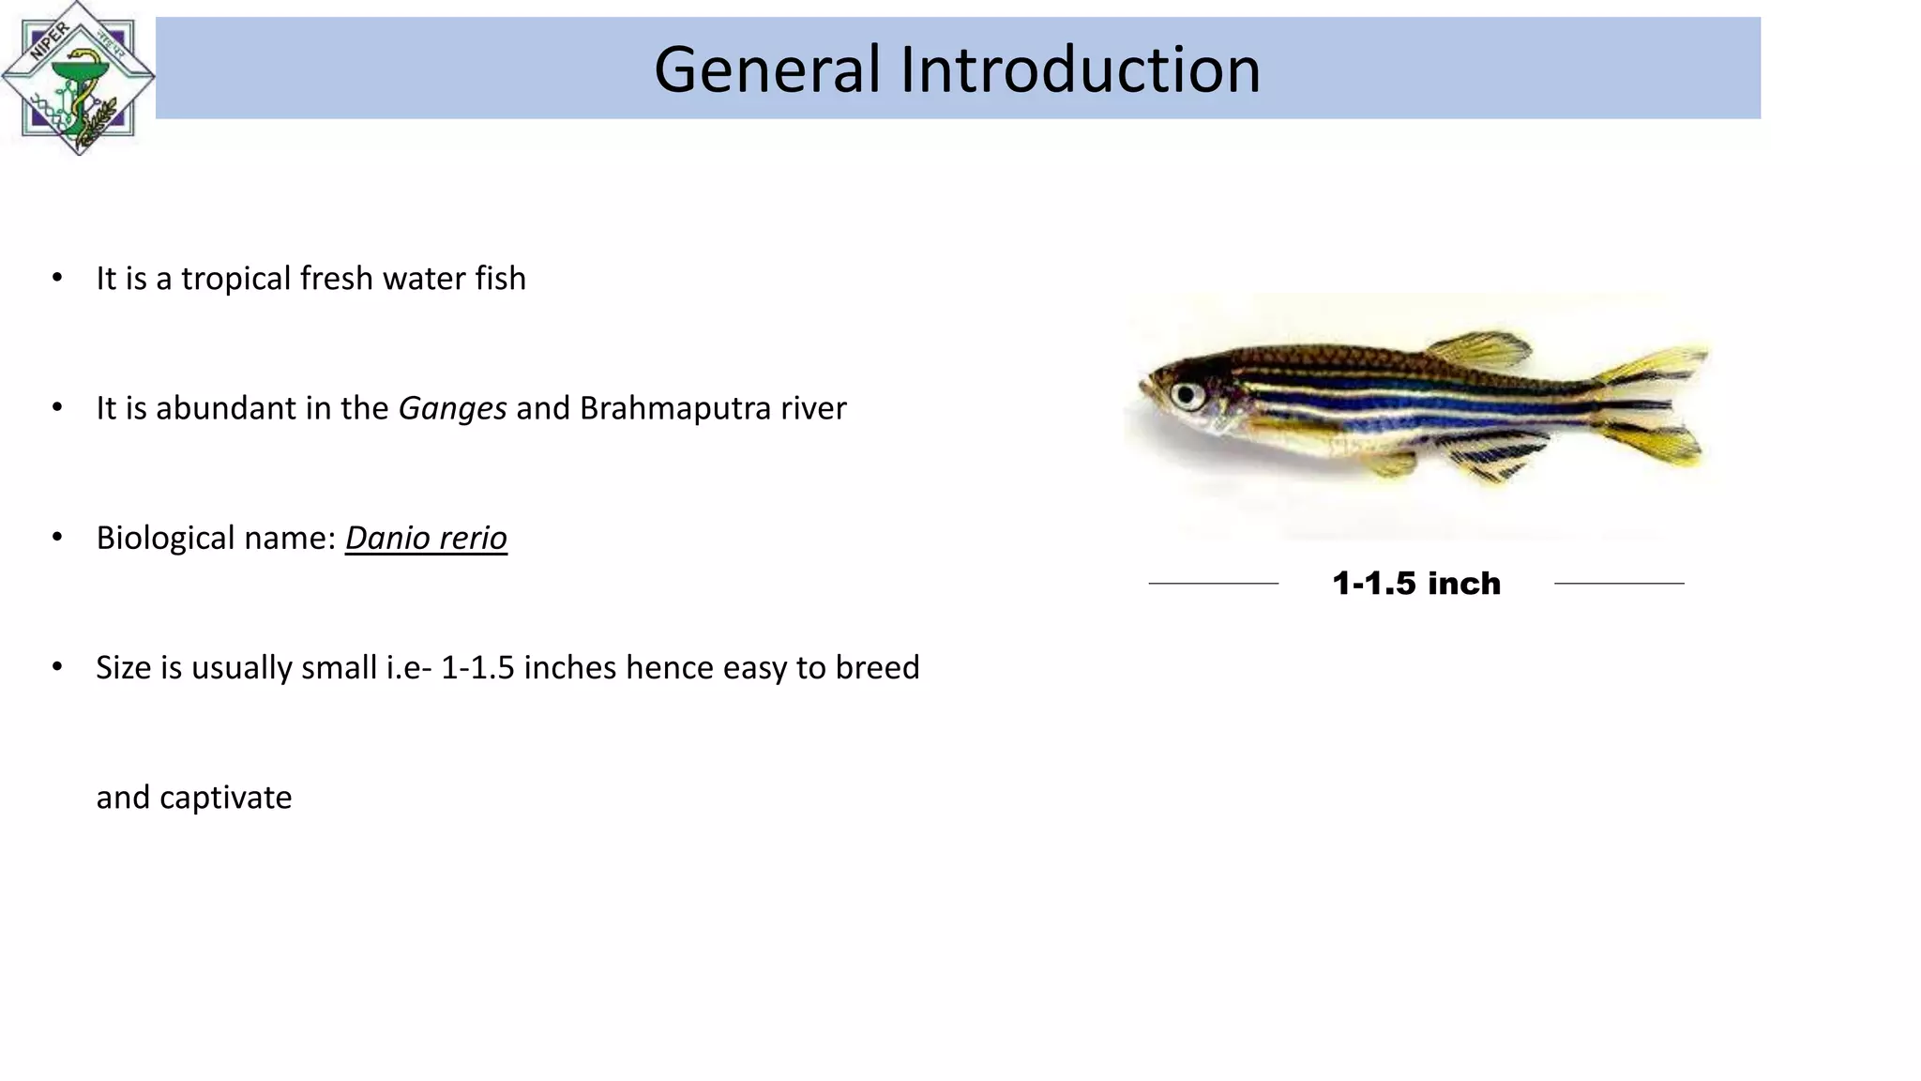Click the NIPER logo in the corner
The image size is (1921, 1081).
coord(78,78)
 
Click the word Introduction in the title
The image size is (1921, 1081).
coord(1080,69)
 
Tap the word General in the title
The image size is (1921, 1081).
coord(766,69)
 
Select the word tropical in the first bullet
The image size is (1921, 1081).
coord(235,279)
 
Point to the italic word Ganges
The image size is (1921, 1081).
coord(452,408)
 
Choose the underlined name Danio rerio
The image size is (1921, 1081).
coord(426,538)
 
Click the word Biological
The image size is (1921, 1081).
coord(165,538)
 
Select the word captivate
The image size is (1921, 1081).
coord(225,798)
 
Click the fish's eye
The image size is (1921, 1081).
coord(1187,394)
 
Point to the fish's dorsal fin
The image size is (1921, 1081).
coord(1480,349)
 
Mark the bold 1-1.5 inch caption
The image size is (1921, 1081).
coord(1416,584)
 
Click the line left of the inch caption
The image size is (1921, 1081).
coord(1213,584)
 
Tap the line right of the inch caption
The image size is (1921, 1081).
coord(1619,584)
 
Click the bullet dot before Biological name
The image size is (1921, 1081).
coord(57,537)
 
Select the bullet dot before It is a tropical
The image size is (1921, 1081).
coord(57,278)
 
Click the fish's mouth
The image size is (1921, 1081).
coord(1144,386)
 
